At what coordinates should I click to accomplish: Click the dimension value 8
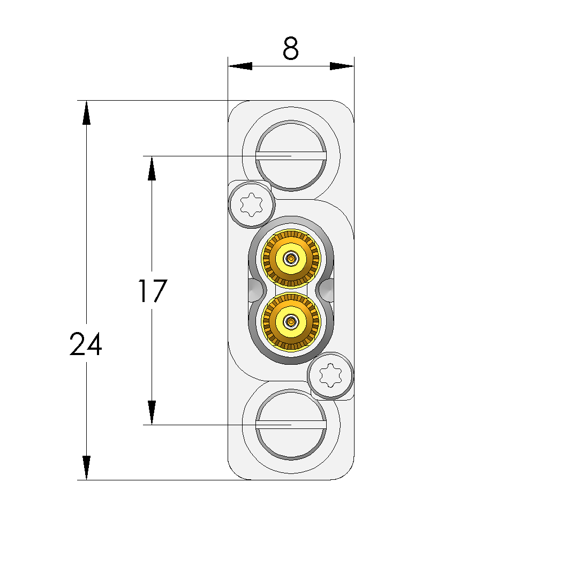(290, 48)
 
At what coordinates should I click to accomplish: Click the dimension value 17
(153, 291)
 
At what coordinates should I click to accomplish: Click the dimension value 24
(86, 344)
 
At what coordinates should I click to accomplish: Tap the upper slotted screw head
(291, 156)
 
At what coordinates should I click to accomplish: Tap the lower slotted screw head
(291, 425)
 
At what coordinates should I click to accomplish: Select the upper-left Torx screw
(252, 204)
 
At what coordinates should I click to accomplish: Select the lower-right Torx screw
(330, 375)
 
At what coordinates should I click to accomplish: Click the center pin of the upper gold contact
(291, 258)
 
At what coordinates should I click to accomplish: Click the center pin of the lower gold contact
(291, 321)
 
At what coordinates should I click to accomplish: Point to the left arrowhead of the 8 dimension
(240, 66)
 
